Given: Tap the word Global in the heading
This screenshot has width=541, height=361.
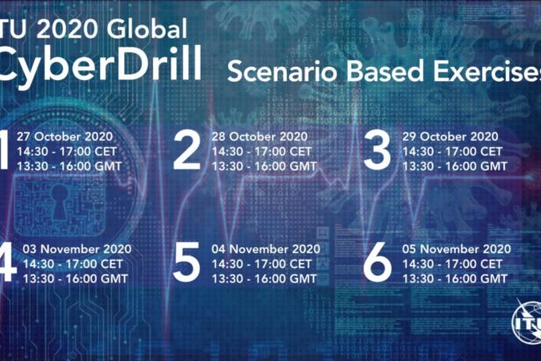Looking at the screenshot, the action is pyautogui.click(x=147, y=28).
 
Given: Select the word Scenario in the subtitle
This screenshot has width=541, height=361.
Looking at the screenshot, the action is pyautogui.click(x=282, y=71).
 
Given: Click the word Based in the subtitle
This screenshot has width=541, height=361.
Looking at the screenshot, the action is pyautogui.click(x=384, y=71).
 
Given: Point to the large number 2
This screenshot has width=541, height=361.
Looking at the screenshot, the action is pyautogui.click(x=186, y=151).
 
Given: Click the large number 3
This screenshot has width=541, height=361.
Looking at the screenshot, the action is pyautogui.click(x=377, y=151).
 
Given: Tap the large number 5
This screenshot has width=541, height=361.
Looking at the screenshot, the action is pyautogui.click(x=186, y=262).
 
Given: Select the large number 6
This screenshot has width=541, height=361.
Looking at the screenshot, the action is pyautogui.click(x=377, y=262).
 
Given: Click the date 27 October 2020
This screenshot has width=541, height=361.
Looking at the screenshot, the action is pyautogui.click(x=65, y=136).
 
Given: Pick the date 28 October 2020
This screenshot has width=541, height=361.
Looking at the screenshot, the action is pyautogui.click(x=260, y=136).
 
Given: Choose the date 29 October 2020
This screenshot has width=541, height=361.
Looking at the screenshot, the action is pyautogui.click(x=450, y=136).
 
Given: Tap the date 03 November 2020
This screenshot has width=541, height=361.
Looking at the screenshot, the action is pyautogui.click(x=77, y=249).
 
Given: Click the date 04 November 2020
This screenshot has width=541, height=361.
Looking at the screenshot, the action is pyautogui.click(x=266, y=249).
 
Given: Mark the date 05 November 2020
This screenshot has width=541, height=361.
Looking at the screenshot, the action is pyautogui.click(x=457, y=249).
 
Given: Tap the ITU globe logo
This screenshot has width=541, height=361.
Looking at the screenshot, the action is pyautogui.click(x=527, y=321).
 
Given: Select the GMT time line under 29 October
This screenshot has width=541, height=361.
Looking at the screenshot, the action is pyautogui.click(x=455, y=166).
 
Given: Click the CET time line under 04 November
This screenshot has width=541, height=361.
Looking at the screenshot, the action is pyautogui.click(x=261, y=264).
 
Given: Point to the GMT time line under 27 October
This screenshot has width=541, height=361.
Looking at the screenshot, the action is pyautogui.click(x=69, y=166).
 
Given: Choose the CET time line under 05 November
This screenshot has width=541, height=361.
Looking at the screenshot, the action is pyautogui.click(x=452, y=264).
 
